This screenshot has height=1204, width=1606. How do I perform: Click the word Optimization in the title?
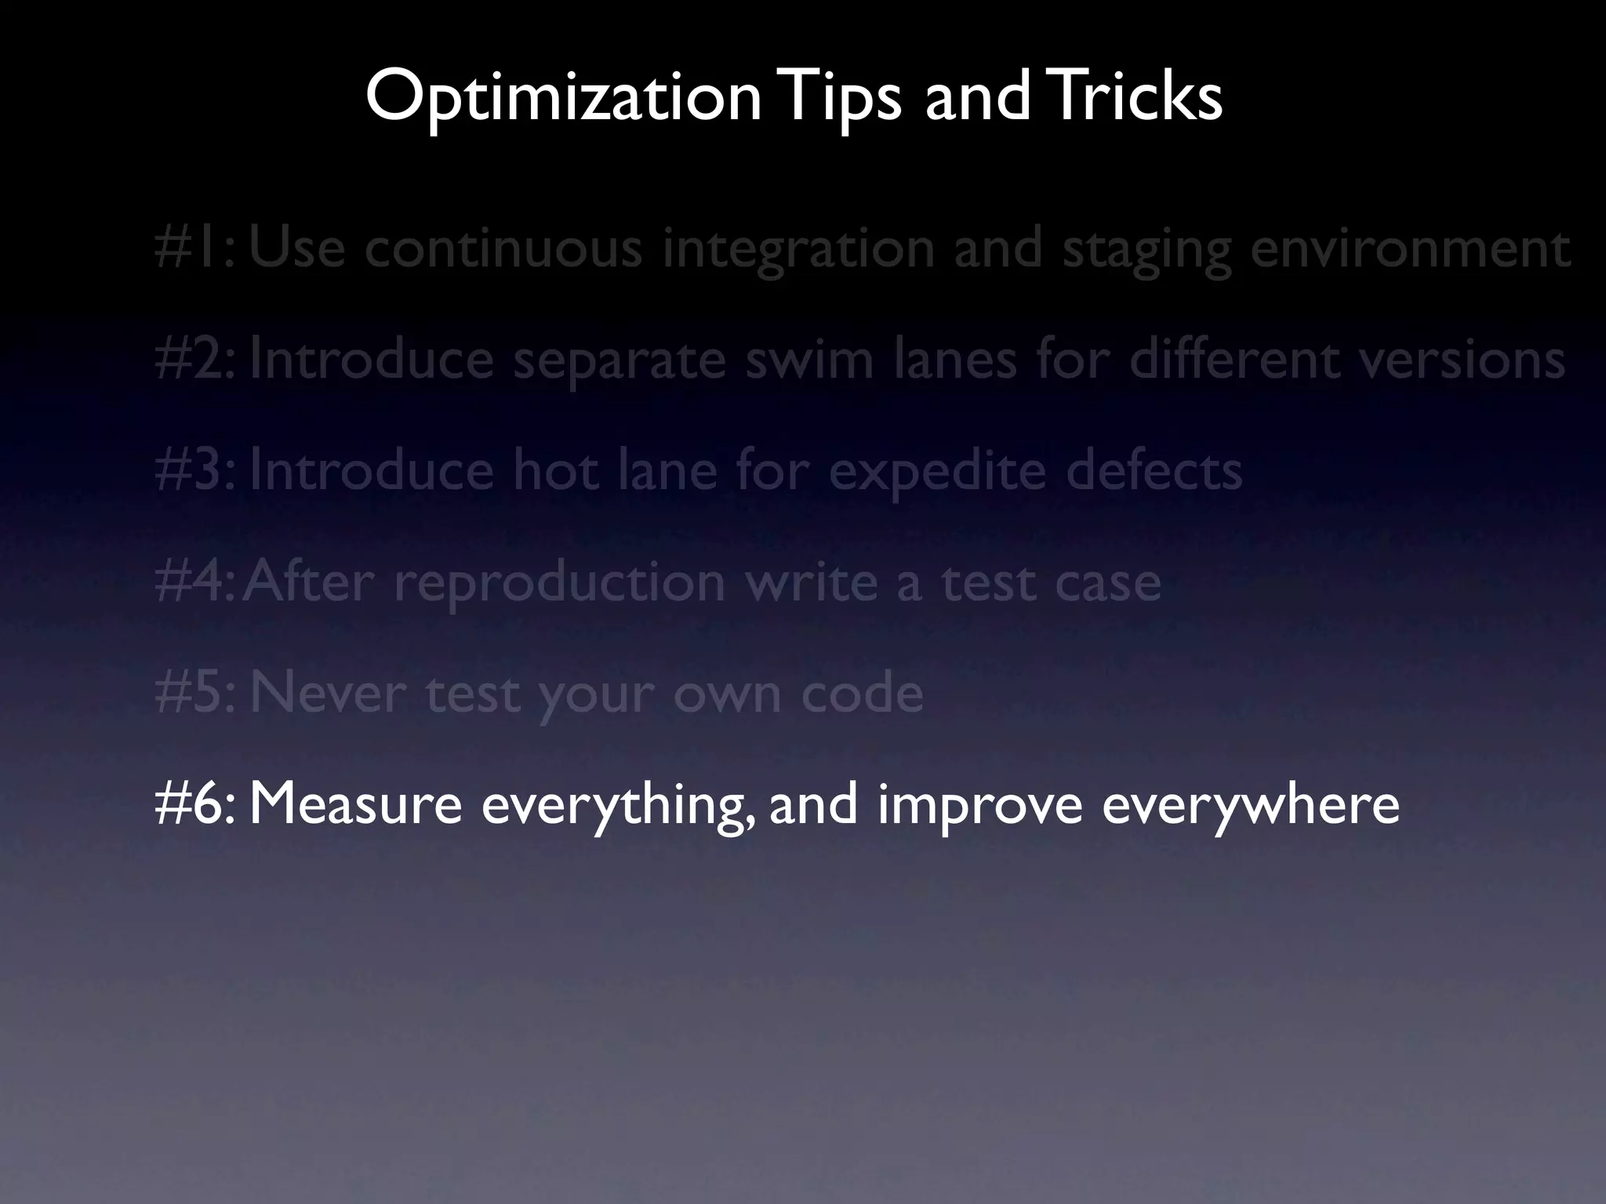563,97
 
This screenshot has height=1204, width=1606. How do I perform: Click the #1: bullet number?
194,248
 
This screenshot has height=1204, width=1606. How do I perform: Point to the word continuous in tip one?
503,248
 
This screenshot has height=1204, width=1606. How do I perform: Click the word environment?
1410,248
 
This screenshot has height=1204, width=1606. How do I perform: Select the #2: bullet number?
194,359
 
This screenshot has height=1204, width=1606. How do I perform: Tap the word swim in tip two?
808,359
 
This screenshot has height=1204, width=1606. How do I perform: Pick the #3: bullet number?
194,470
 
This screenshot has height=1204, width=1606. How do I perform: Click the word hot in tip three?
555,470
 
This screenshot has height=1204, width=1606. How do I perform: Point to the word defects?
1153,470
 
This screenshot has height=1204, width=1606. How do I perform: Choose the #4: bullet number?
194,582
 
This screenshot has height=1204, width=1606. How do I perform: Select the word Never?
327,694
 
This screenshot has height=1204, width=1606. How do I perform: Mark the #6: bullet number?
194,804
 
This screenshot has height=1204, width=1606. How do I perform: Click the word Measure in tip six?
355,804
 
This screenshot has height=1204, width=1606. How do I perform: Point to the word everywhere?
1250,806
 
